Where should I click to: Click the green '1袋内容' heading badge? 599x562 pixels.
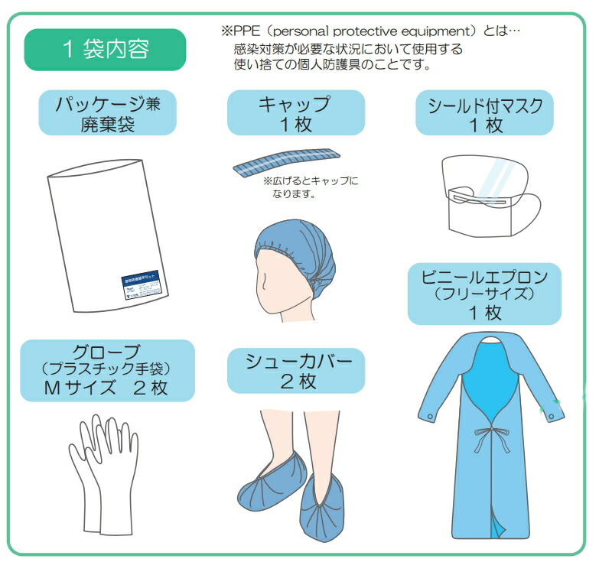[106, 50]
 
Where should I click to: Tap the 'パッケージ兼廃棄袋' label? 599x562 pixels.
[108, 114]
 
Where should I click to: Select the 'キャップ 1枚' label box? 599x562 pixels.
[295, 114]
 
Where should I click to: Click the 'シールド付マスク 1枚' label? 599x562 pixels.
[483, 114]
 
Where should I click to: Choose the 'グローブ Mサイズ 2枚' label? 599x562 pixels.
[107, 370]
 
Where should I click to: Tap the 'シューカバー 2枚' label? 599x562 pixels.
[296, 370]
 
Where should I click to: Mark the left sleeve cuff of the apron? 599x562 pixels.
[429, 413]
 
